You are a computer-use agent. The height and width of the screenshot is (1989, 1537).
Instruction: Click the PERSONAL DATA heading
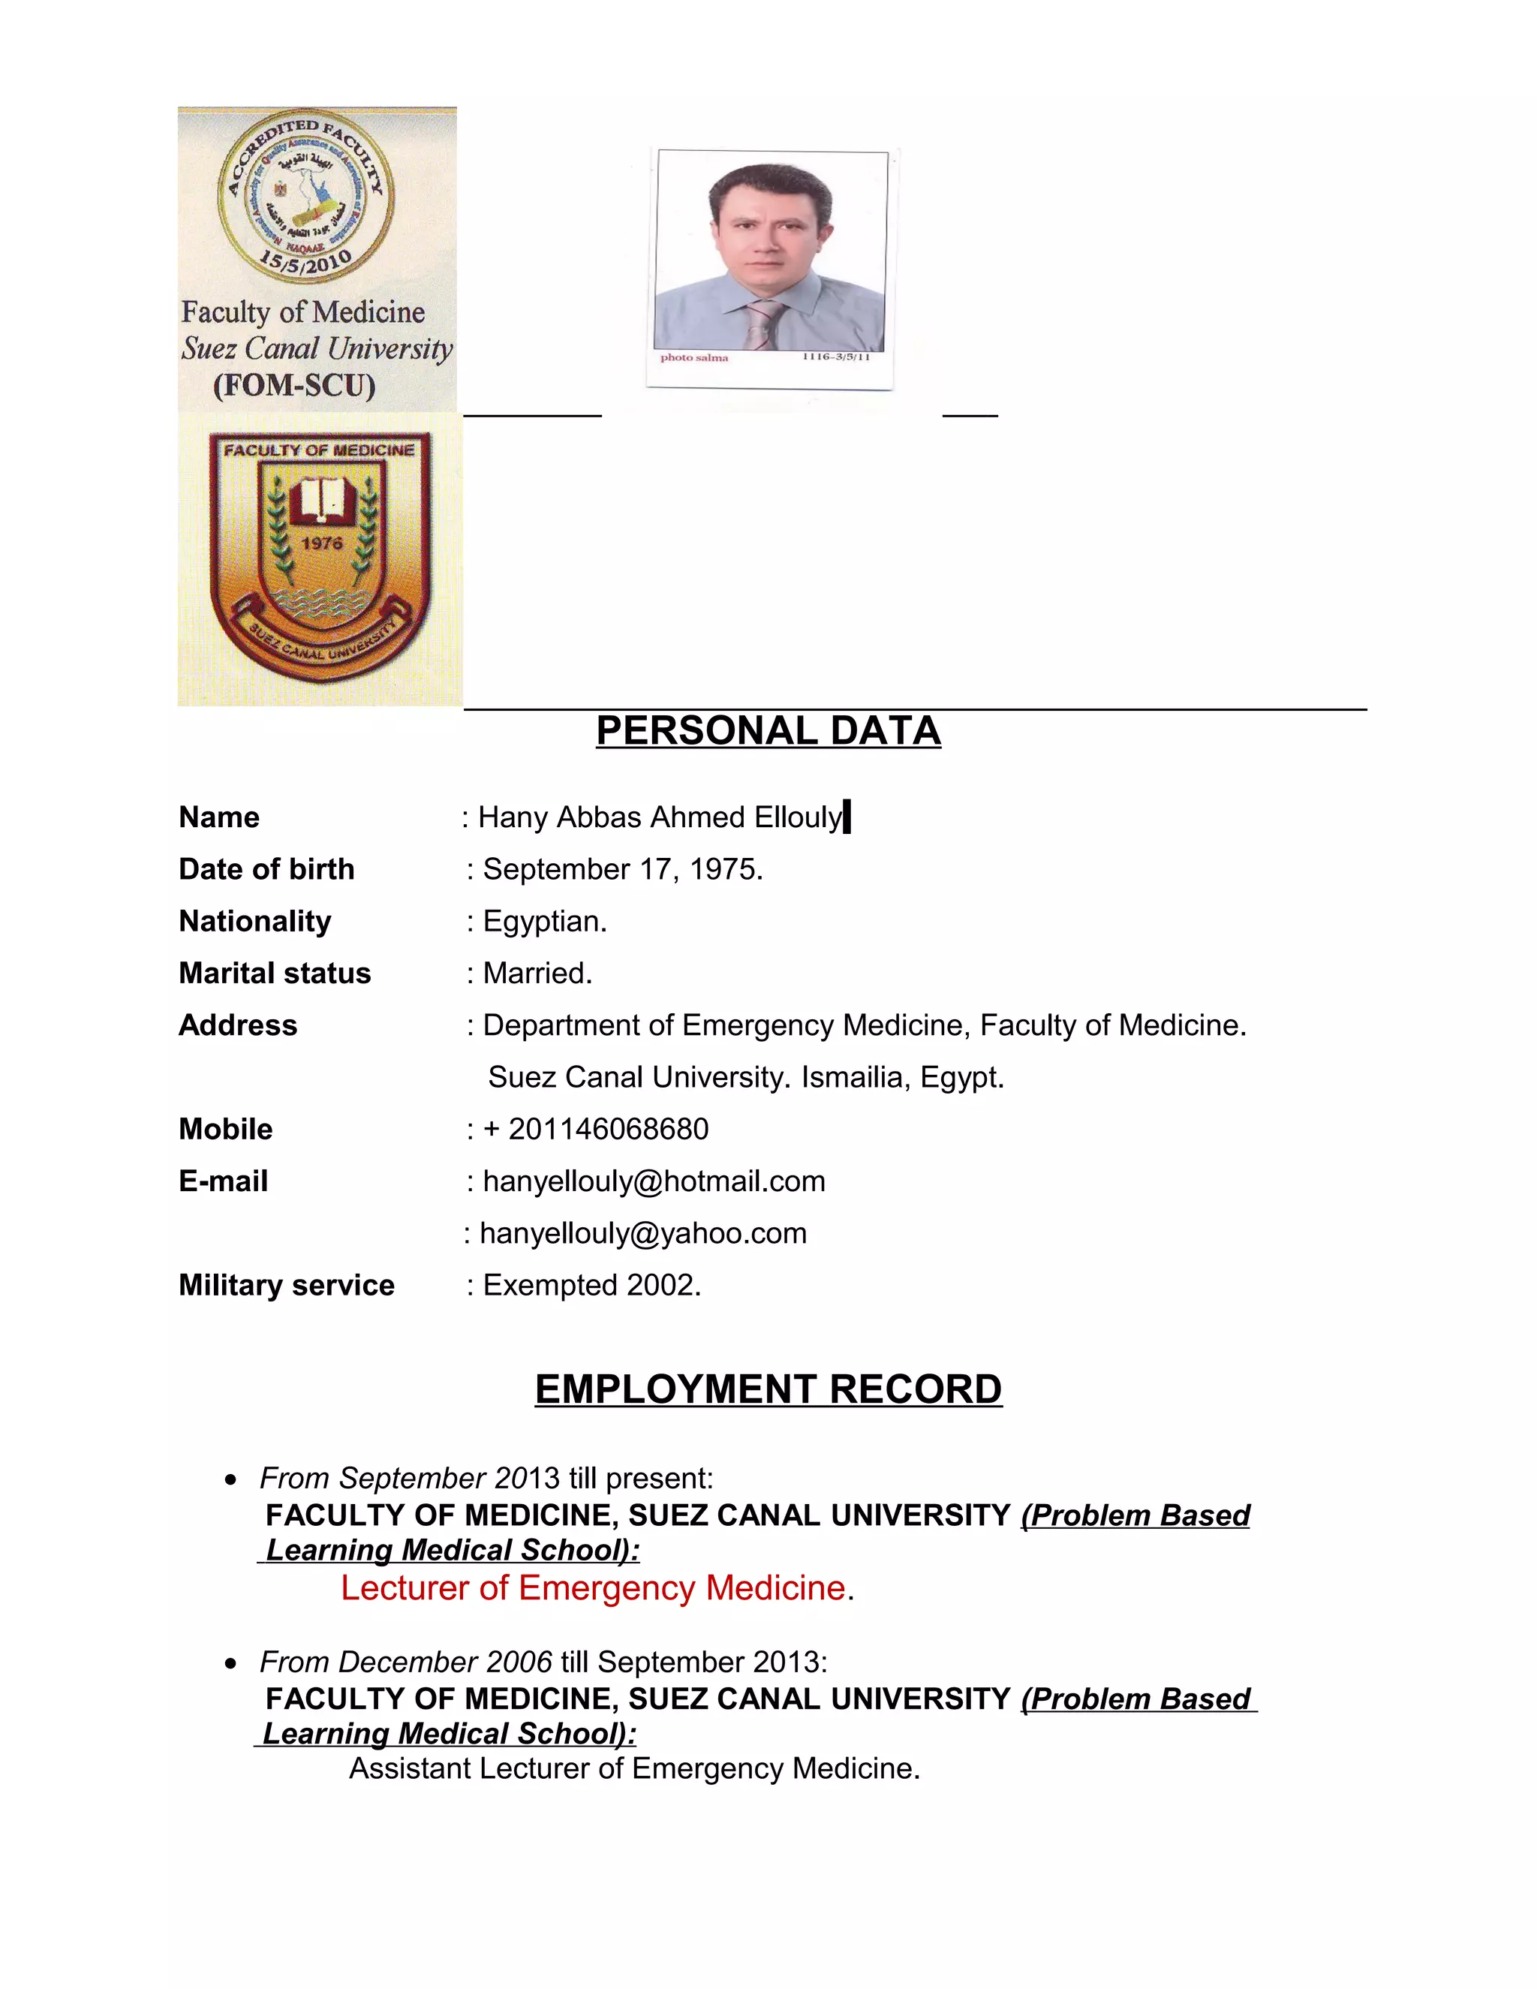point(768,731)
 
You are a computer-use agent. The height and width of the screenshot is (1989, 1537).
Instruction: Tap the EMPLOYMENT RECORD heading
point(768,1390)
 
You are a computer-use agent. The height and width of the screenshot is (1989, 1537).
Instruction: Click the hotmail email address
point(654,1181)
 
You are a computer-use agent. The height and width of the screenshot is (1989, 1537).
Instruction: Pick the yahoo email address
point(643,1233)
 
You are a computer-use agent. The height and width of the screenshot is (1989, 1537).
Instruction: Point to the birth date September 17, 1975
point(623,870)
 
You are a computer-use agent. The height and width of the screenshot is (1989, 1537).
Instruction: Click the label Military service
point(286,1285)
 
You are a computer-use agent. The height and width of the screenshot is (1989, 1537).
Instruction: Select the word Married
point(537,973)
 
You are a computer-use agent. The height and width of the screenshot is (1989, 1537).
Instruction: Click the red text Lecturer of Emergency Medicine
point(593,1588)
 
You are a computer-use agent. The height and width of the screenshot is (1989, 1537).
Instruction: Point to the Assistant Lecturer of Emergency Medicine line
point(635,1768)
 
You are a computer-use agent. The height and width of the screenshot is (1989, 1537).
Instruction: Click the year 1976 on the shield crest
point(321,543)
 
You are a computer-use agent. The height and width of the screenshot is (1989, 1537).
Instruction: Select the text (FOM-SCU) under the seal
point(294,385)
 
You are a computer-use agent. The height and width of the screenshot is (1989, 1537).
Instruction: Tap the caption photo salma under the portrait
point(694,358)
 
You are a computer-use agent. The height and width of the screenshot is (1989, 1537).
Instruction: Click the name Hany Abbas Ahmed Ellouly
point(660,818)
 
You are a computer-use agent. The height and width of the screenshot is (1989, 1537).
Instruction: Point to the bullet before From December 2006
point(231,1664)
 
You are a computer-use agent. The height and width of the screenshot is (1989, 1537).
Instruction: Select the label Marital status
point(274,973)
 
